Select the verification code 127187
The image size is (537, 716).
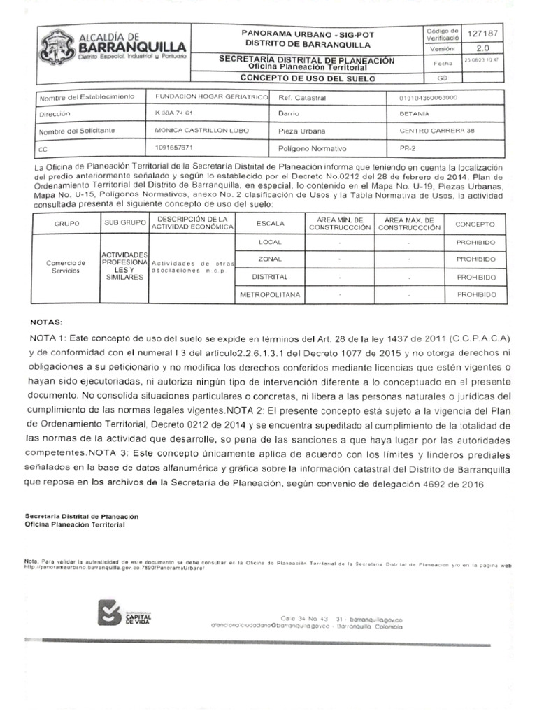(x=482, y=34)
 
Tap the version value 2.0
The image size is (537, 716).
(x=482, y=49)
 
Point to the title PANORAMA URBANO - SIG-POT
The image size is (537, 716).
(x=306, y=33)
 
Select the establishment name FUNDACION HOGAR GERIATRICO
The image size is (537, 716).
(x=211, y=97)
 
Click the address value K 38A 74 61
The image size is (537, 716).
(x=173, y=113)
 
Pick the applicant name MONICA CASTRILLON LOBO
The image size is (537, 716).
(x=199, y=131)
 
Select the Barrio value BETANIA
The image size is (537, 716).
(x=415, y=113)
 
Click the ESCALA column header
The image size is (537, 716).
(x=270, y=224)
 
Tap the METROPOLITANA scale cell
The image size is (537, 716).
(x=270, y=295)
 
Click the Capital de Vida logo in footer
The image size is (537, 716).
(x=127, y=616)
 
